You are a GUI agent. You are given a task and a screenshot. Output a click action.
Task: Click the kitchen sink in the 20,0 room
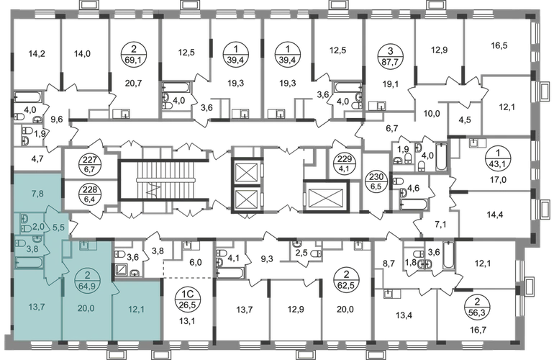84,246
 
